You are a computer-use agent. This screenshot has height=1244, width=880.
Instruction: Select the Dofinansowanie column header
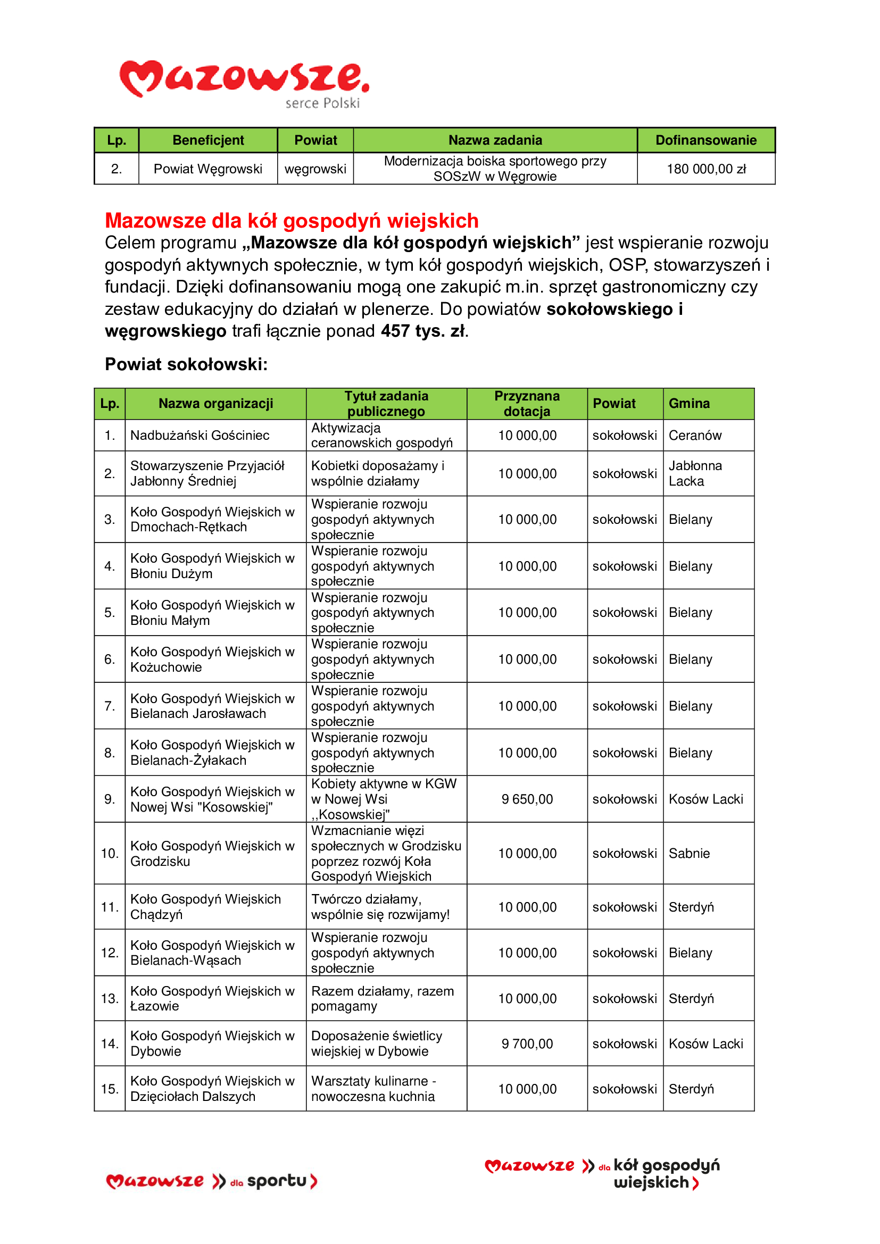point(705,140)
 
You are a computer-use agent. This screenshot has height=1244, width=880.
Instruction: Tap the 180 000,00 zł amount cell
point(705,169)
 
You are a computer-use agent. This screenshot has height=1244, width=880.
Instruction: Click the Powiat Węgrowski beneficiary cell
point(207,169)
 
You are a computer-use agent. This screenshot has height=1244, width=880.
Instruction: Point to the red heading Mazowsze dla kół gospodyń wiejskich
point(292,221)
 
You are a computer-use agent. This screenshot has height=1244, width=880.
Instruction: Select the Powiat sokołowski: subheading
point(186,364)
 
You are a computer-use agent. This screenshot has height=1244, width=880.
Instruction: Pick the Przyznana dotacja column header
point(527,404)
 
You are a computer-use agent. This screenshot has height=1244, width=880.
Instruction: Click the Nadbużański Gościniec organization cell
point(200,436)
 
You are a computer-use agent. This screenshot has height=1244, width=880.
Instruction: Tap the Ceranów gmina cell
point(695,436)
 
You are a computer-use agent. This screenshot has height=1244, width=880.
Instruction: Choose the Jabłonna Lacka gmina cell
point(695,473)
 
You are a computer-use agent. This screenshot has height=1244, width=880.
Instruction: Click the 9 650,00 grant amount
point(527,799)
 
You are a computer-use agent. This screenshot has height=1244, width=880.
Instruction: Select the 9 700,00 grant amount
point(527,1044)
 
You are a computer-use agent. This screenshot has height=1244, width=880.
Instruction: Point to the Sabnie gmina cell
point(688,853)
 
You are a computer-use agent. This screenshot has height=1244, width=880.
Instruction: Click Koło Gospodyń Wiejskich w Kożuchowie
point(212,659)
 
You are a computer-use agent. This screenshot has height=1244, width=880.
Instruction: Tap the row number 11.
point(110,907)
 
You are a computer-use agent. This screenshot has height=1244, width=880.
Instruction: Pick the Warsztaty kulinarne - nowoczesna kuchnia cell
point(373,1089)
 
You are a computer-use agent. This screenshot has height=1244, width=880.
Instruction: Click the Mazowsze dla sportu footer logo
point(212,1181)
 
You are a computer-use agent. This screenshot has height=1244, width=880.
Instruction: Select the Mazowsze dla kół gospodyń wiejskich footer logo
point(602,1174)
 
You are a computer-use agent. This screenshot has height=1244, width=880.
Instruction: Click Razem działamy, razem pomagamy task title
point(382,999)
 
